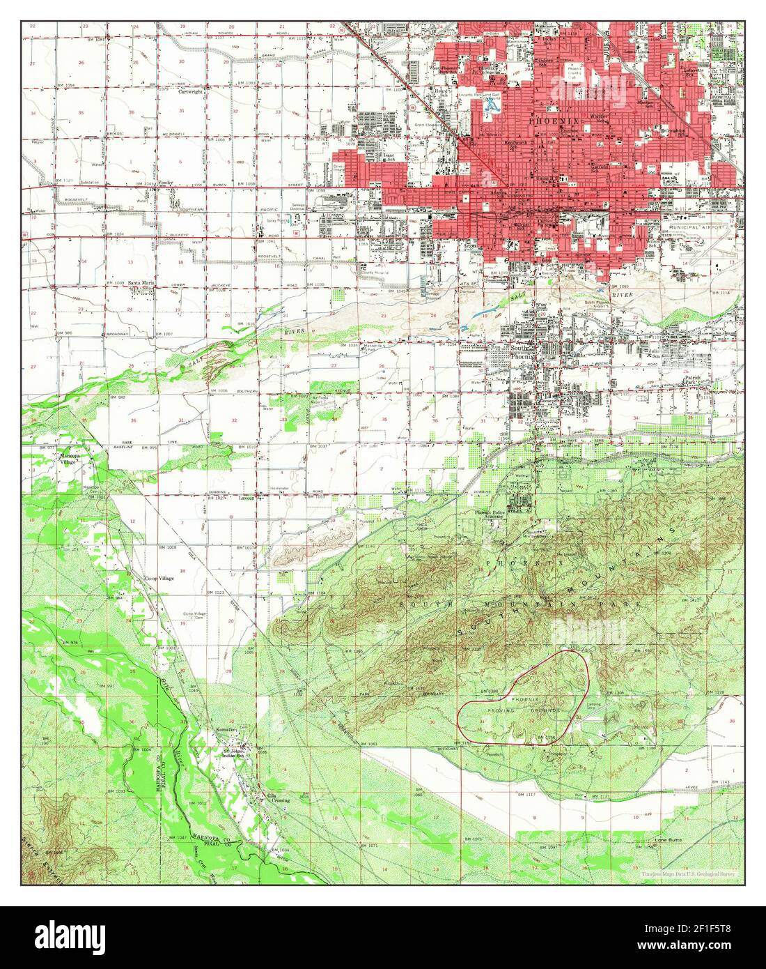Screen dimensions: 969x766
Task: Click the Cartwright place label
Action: click(x=189, y=92)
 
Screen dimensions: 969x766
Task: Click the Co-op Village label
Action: click(x=159, y=579)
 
